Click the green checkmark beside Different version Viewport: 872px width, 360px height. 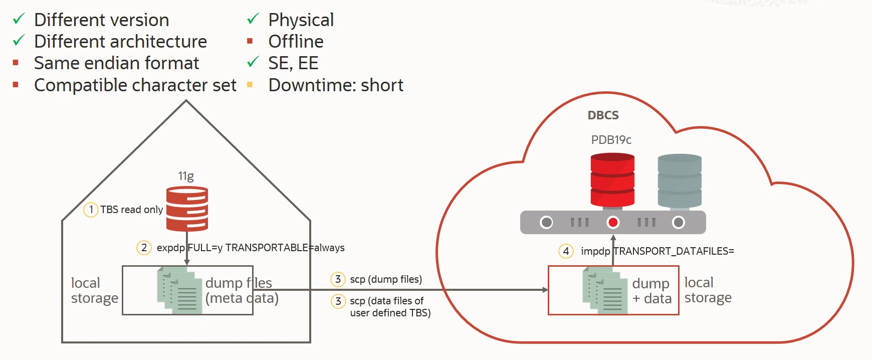19,19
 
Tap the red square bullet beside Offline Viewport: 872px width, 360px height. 250,41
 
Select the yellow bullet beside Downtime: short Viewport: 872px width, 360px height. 250,85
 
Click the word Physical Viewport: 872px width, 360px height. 301,20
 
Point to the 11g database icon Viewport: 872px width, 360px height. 187,209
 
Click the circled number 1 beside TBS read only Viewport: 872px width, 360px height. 91,210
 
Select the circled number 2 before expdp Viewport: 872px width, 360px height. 144,248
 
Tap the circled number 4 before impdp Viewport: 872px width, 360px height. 566,251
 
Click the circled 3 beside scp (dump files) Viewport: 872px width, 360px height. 338,279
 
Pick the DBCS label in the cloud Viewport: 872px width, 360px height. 603,115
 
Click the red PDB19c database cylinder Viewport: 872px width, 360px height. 612,180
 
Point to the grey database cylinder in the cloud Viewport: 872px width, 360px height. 679,181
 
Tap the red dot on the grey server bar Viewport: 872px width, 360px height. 612,222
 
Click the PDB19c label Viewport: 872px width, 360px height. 611,140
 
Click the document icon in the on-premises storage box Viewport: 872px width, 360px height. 179,290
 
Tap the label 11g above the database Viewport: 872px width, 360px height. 186,176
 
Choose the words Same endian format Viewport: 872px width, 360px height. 116,63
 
